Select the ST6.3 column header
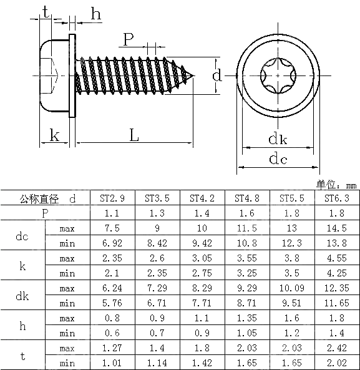click(337, 198)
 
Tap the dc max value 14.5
click(337, 228)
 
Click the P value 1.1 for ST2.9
click(112, 213)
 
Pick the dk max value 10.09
click(292, 288)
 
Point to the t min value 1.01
click(112, 363)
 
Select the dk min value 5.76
click(112, 303)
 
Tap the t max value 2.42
click(337, 348)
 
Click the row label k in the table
click(22, 266)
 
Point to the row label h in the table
click(22, 326)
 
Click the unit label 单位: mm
click(336, 185)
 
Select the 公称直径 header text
click(39, 199)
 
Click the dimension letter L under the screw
click(134, 135)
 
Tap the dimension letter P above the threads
click(128, 40)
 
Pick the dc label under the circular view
click(278, 158)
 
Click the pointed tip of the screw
click(193, 76)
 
